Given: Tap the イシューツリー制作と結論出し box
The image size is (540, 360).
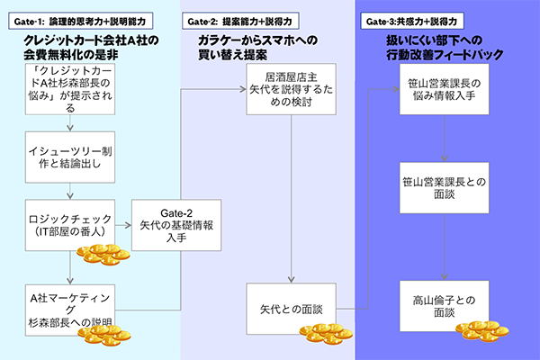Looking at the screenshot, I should point(70,157).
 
